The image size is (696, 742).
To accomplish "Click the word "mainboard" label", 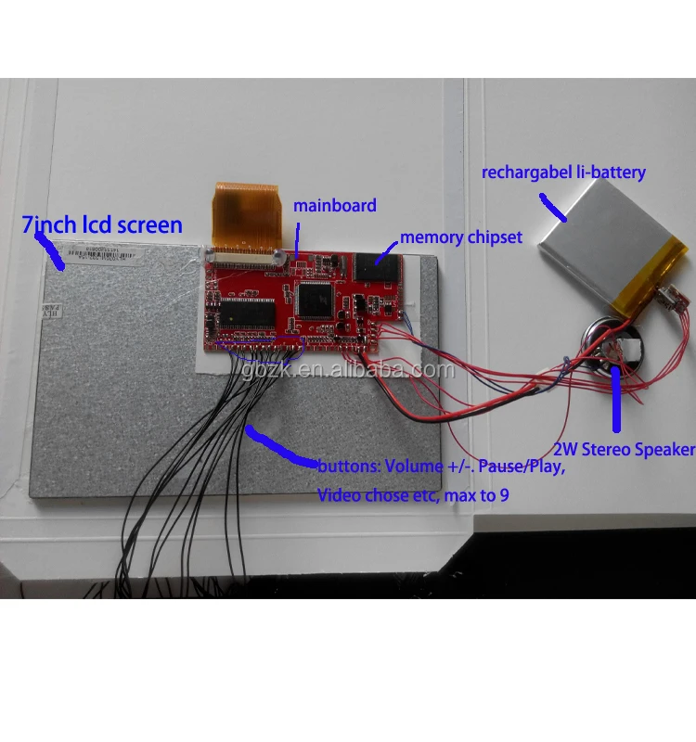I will [335, 205].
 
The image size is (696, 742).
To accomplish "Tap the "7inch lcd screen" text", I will [102, 224].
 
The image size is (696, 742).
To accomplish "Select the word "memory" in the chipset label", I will [431, 237].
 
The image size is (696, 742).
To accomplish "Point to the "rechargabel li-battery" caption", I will [562, 172].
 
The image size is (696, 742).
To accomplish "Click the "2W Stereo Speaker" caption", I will [624, 450].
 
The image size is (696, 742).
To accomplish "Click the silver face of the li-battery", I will [604, 250].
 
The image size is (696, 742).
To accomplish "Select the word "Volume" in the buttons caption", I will [412, 467].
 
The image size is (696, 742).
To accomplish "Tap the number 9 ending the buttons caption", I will [504, 495].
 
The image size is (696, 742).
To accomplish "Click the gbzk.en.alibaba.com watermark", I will [347, 370].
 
